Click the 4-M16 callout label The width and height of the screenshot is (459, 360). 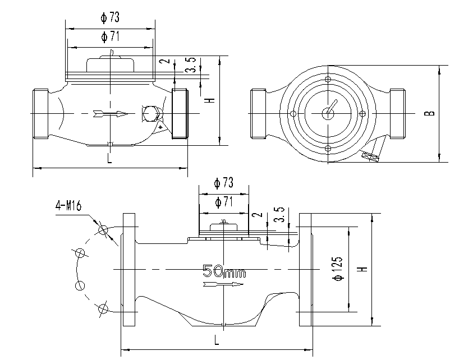click(68, 205)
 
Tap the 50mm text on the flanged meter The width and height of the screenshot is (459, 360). click(224, 271)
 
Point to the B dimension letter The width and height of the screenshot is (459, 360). click(429, 113)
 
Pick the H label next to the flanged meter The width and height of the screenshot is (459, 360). click(363, 269)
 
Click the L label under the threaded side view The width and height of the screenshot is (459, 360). click(109, 159)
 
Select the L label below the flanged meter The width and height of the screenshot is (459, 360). click(216, 340)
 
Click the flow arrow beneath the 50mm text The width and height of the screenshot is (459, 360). click(224, 284)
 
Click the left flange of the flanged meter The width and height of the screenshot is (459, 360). click(129, 269)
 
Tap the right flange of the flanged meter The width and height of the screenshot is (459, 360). click(306, 269)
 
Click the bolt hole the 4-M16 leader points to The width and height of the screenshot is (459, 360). click(103, 230)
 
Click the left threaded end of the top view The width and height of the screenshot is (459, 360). click(258, 113)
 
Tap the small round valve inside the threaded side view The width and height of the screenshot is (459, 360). click(150, 114)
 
